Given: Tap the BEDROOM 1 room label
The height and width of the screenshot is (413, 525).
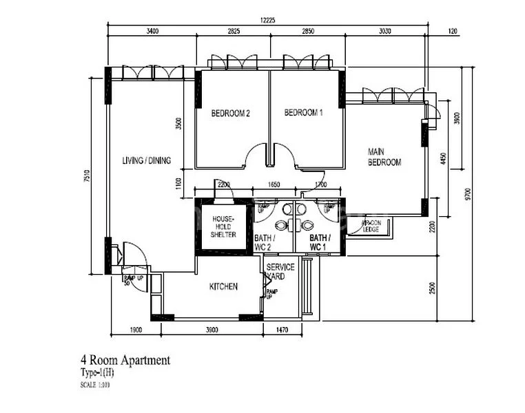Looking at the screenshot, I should click(303, 113).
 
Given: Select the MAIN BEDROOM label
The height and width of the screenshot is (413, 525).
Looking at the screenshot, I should click(384, 157).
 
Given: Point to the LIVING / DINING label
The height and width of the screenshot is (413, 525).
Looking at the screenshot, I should click(146, 161).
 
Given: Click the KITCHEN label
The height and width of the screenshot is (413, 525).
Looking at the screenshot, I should click(223, 286).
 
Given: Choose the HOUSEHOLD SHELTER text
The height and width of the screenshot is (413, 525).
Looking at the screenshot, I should click(223, 226).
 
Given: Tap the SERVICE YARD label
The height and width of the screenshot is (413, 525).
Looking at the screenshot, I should click(280, 271).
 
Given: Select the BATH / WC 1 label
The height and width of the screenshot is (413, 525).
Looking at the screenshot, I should click(319, 242).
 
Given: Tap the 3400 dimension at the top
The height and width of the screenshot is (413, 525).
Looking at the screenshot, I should click(152, 31).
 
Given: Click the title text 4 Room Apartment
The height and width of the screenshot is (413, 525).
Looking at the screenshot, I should click(125, 360).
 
